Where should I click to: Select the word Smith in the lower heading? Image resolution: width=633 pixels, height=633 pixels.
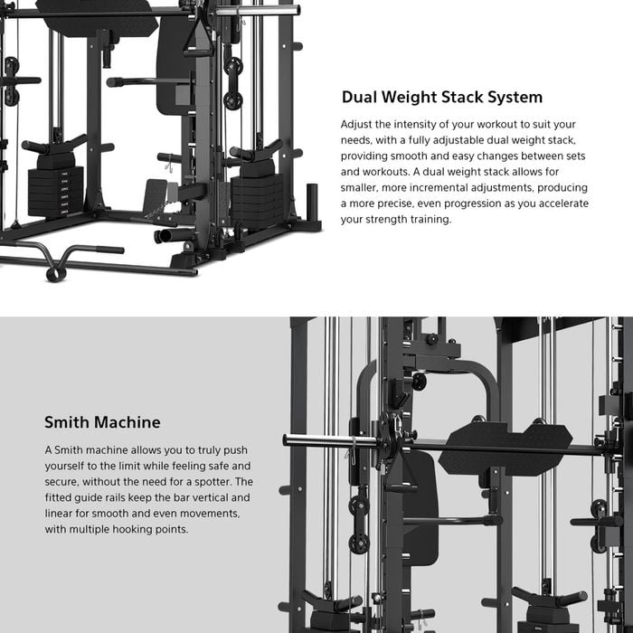tap(66, 422)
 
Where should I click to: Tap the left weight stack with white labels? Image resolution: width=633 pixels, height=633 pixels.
tap(54, 190)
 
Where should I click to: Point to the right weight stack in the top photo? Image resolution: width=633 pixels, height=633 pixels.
tap(256, 197)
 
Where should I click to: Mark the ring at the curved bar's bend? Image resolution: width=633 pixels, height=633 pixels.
tap(55, 270)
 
